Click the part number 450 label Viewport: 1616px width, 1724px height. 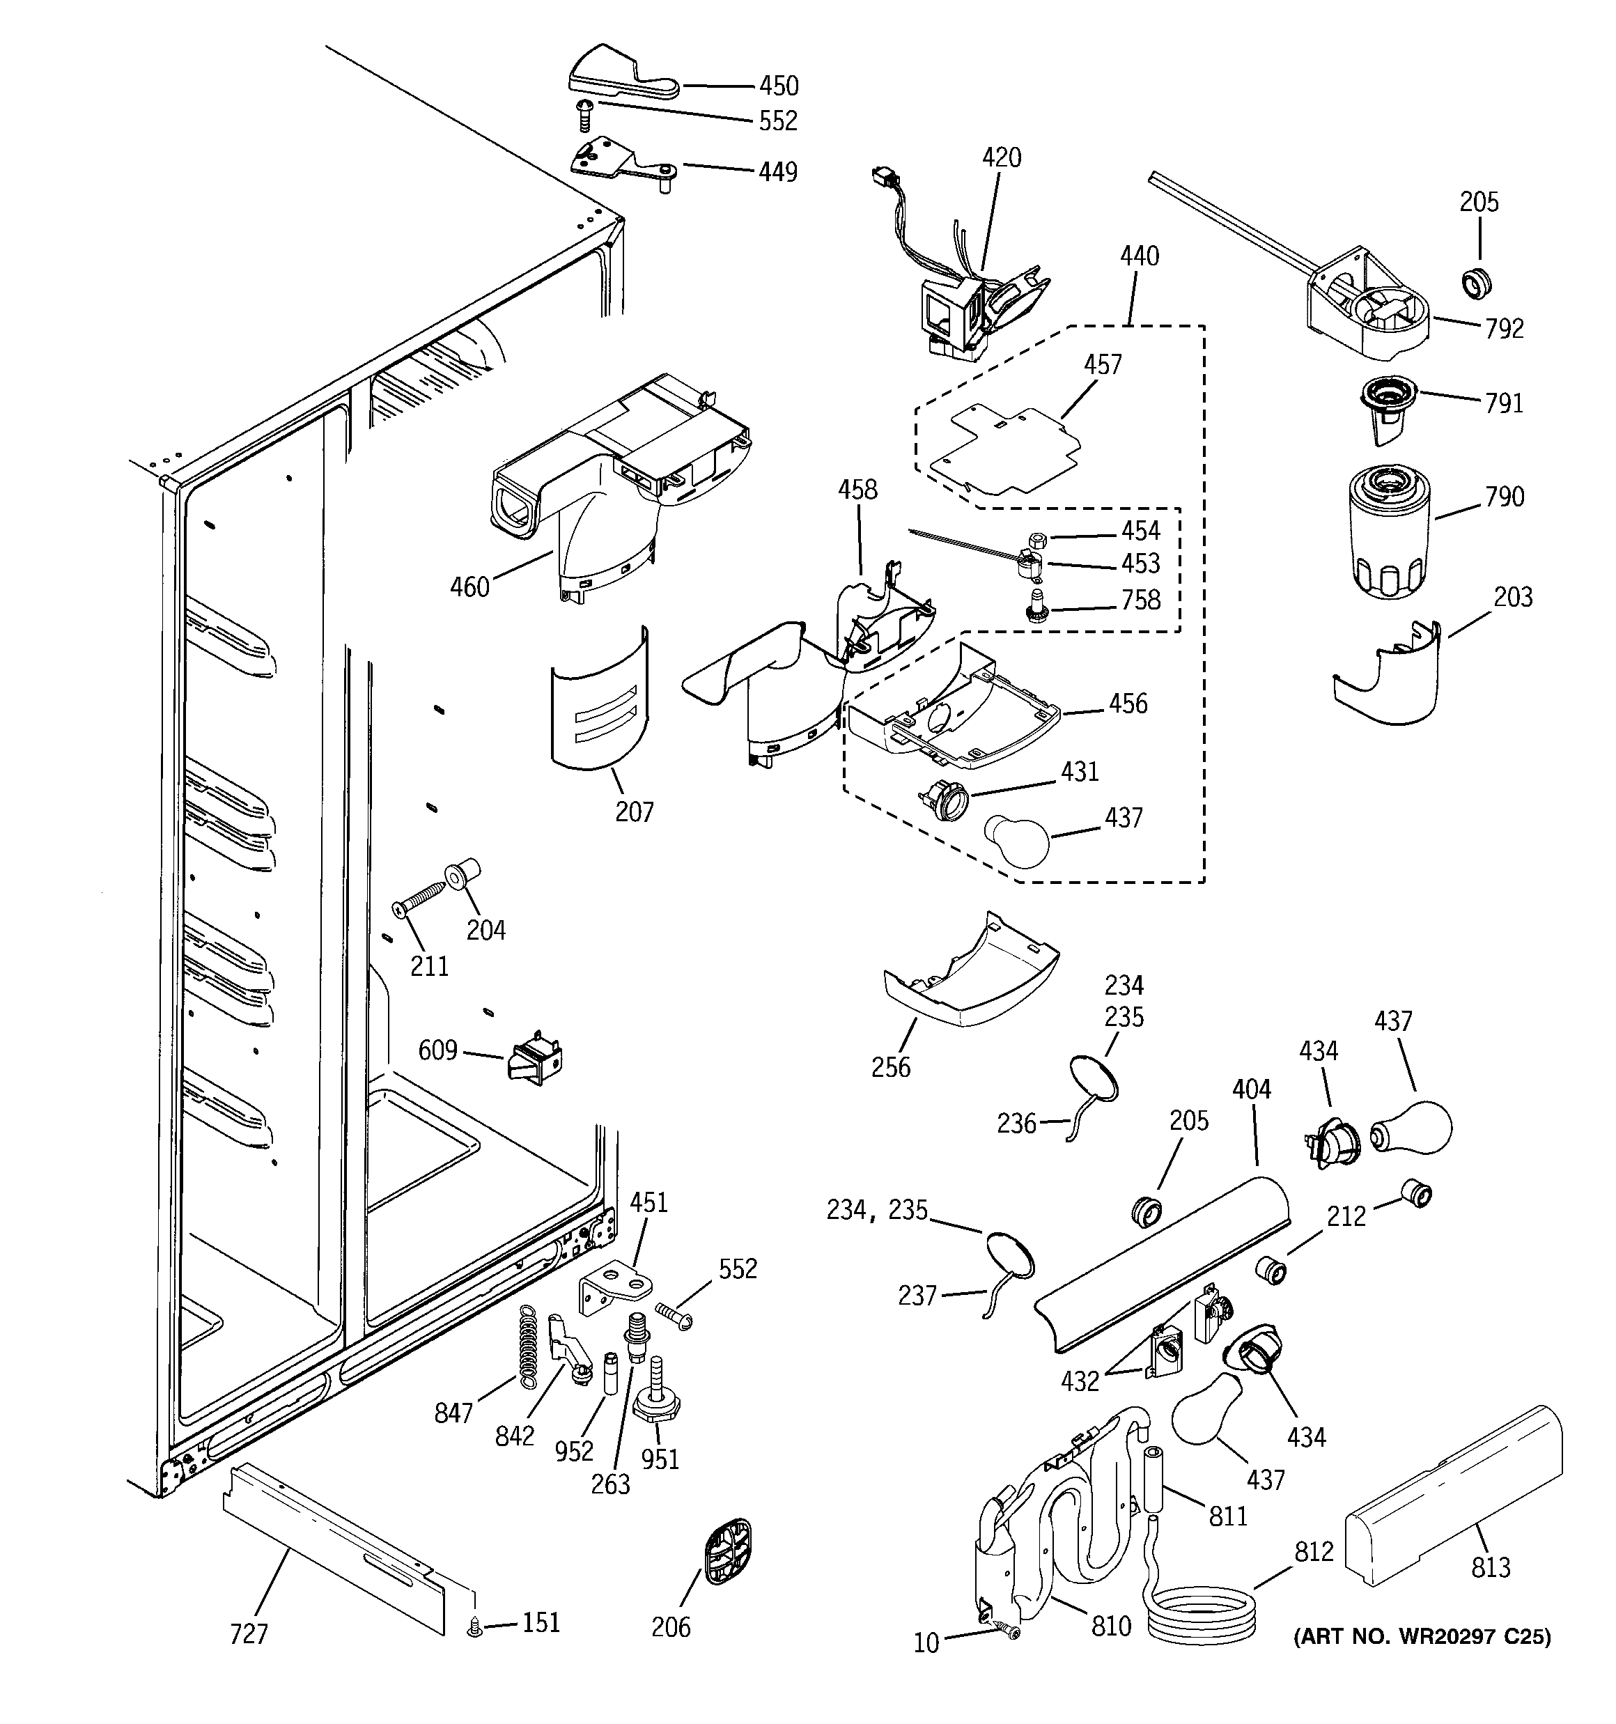tap(778, 86)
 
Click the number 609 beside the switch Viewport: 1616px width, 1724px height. tap(437, 1050)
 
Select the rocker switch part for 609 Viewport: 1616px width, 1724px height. tap(534, 1063)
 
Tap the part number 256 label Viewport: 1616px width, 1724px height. tap(891, 1066)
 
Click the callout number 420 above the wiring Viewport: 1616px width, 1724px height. tap(1002, 158)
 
